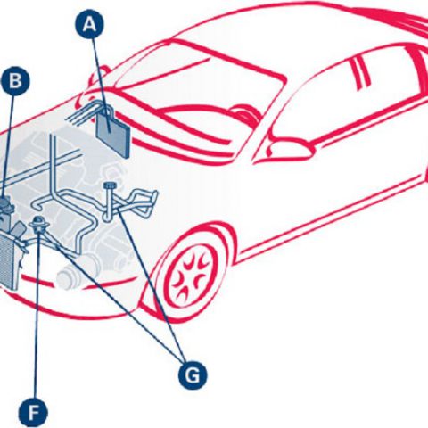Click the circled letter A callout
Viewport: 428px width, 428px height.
pyautogui.click(x=89, y=25)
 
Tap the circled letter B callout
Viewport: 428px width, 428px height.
pyautogui.click(x=15, y=81)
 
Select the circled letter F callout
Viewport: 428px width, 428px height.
pyautogui.click(x=33, y=413)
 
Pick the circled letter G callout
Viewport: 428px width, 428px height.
pyautogui.click(x=193, y=375)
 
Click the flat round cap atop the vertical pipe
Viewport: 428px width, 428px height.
pyautogui.click(x=111, y=185)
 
